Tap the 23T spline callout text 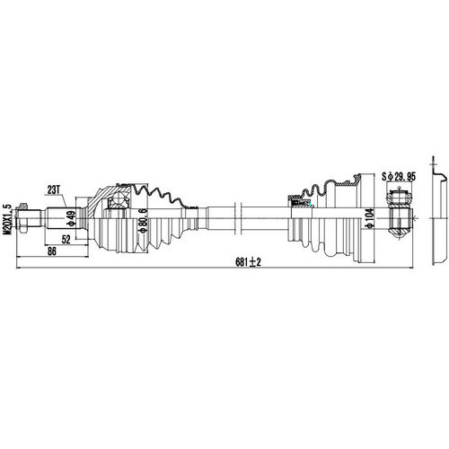pos(55,189)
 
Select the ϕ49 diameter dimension pos(69,219)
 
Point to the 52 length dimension pos(67,240)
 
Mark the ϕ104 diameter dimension pos(368,218)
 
